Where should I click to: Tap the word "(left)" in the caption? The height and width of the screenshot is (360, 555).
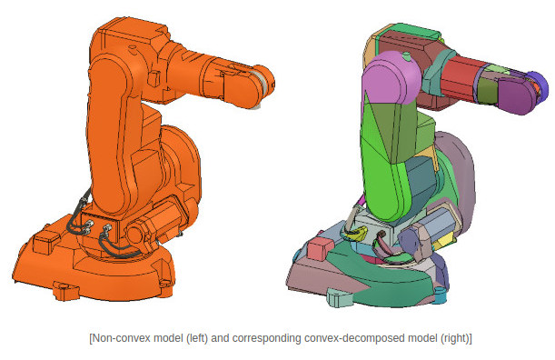tap(197, 338)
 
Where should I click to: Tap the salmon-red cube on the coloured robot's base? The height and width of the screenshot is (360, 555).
tap(321, 248)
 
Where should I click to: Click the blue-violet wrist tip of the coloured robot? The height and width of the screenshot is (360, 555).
tap(538, 86)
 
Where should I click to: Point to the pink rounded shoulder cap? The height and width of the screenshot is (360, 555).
tap(392, 78)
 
